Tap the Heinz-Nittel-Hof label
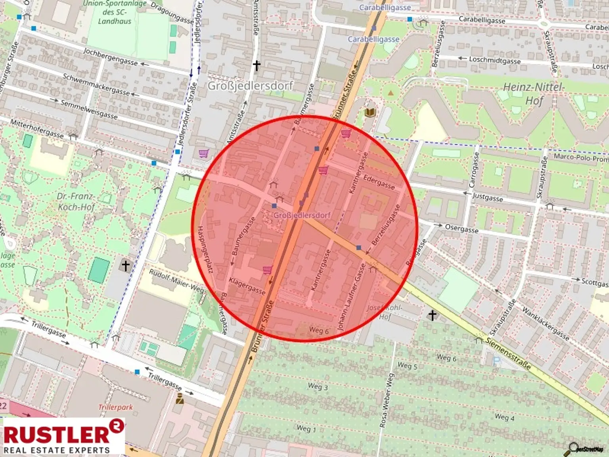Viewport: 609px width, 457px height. pos(534,94)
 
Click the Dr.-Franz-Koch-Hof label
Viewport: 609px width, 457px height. pos(76,202)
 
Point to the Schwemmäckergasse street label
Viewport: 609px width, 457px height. pos(96,84)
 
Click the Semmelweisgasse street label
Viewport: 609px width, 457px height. pos(89,109)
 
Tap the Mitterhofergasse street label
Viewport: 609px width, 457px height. pos(36,129)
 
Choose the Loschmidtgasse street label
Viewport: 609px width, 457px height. pos(494,60)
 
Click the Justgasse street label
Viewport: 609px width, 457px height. pos(487,197)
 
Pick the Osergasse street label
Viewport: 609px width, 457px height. pos(462,228)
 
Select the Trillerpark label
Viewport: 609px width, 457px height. pos(115,407)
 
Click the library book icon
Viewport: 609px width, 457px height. pos(370,113)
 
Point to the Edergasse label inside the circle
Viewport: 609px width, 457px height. pos(379,182)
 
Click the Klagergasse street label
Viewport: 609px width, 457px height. pos(247,286)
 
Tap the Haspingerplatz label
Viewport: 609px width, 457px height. pos(206,249)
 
